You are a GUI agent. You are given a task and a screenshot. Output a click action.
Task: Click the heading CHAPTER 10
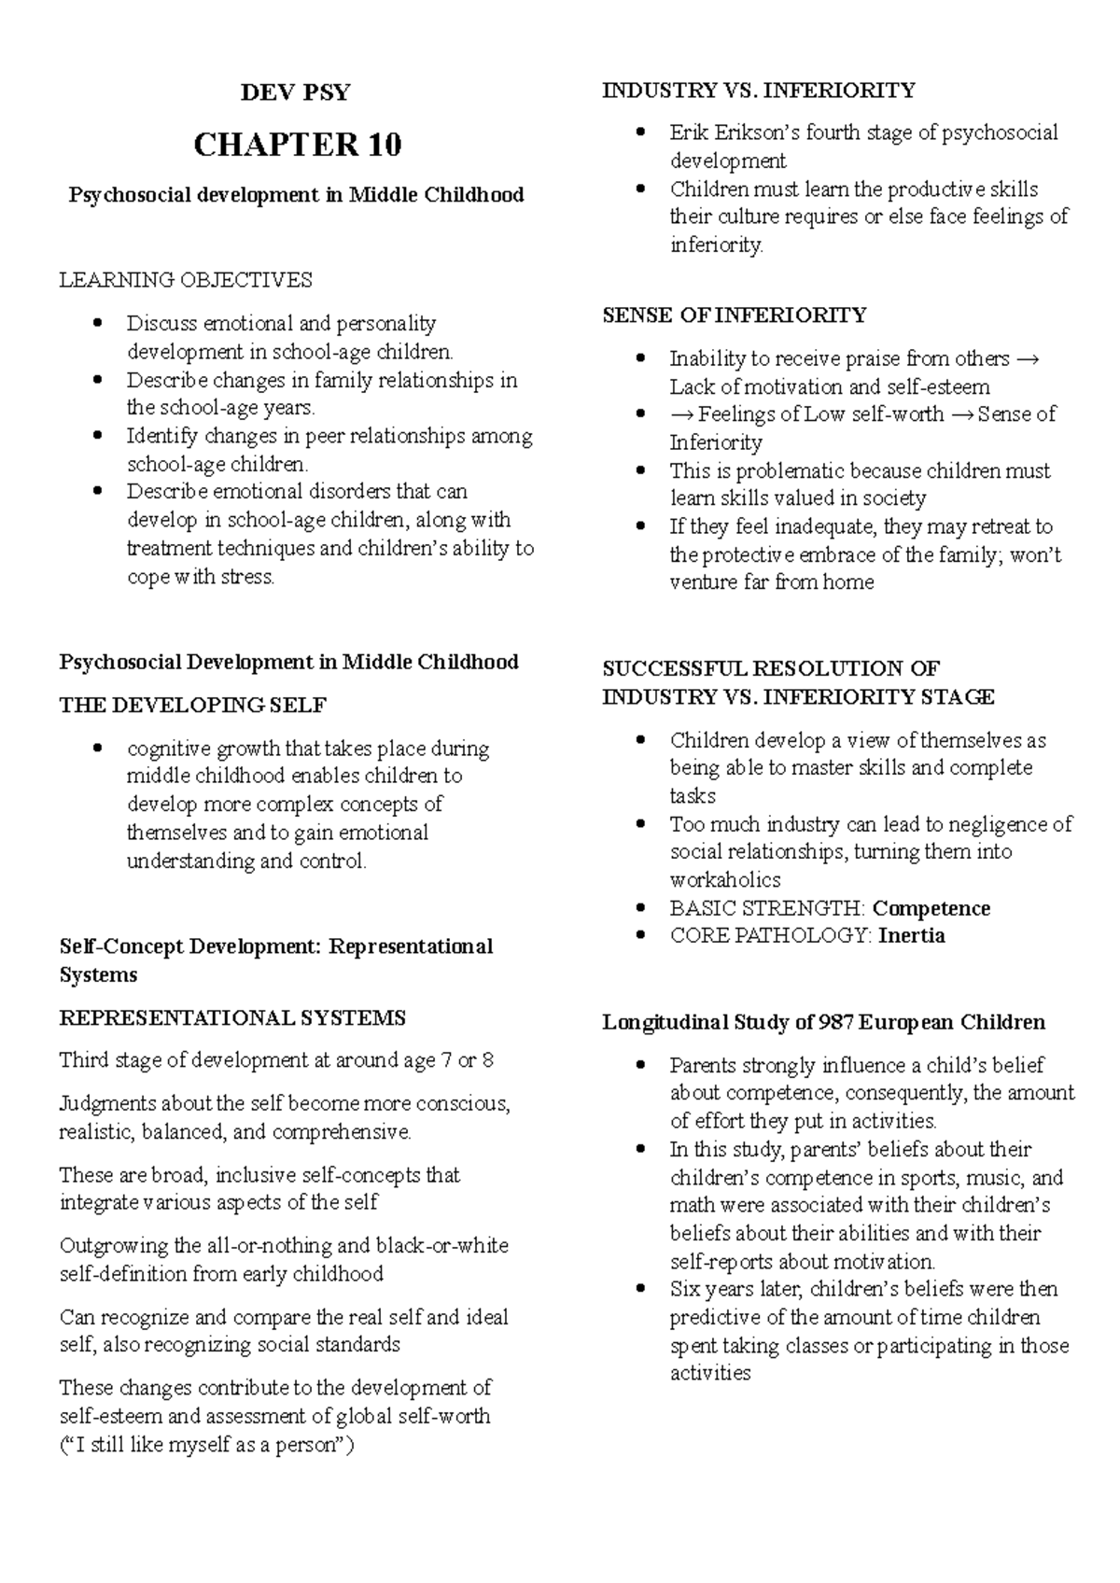(x=297, y=145)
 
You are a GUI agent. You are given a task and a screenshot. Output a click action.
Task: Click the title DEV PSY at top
(x=296, y=92)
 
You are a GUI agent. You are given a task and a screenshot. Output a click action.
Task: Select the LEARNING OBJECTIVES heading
(x=186, y=280)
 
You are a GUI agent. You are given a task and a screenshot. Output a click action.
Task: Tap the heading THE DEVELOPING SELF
(x=192, y=706)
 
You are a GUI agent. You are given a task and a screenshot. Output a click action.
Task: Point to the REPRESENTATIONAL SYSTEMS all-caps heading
(x=232, y=1017)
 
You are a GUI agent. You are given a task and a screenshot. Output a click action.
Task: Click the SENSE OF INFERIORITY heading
(x=735, y=315)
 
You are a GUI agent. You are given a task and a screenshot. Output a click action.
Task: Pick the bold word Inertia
(x=911, y=935)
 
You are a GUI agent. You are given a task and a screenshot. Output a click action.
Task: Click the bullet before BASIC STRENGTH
(x=640, y=908)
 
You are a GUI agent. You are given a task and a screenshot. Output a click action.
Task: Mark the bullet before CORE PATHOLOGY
(x=640, y=935)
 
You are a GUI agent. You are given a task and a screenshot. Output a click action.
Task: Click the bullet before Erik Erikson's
(x=640, y=133)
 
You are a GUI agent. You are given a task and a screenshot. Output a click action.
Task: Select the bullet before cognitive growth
(x=97, y=749)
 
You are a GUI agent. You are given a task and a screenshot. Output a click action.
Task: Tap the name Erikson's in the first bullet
(x=754, y=133)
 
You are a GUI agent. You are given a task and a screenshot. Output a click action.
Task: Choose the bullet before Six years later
(x=640, y=1289)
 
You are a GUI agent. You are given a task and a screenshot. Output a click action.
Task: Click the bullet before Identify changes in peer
(x=97, y=436)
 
